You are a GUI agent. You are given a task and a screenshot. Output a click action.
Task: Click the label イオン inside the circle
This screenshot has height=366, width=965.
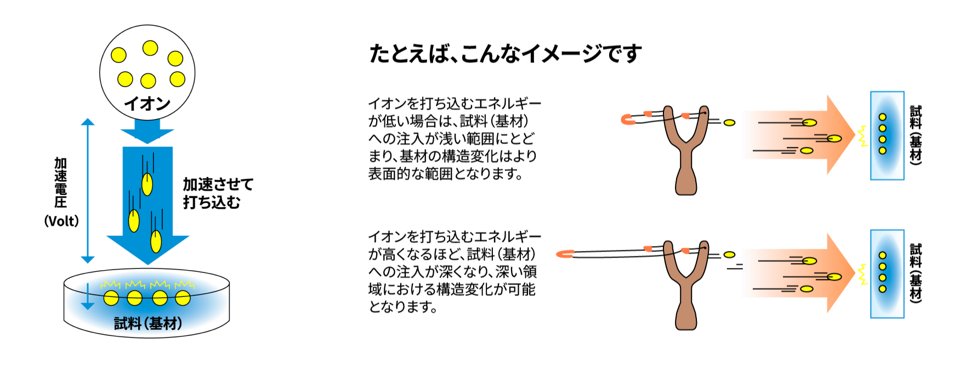click(147, 104)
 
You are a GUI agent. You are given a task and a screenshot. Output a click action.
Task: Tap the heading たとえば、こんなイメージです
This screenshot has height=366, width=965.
click(505, 54)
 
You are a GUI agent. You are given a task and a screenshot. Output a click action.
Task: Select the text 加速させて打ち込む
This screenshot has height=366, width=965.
click(218, 193)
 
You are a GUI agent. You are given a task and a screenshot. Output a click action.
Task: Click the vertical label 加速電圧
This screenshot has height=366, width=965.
click(61, 182)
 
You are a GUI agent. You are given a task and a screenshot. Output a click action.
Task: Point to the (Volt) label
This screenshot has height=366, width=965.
click(61, 221)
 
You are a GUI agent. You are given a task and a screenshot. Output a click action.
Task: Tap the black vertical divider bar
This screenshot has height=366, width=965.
click(309, 183)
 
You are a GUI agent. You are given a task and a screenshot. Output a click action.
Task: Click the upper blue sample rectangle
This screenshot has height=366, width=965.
click(887, 135)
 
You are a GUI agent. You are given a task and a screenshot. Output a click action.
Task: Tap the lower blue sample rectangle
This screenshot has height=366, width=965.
click(887, 273)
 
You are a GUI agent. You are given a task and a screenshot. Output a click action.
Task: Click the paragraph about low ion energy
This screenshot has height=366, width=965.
click(453, 139)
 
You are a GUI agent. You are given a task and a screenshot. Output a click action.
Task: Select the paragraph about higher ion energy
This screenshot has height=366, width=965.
click(454, 272)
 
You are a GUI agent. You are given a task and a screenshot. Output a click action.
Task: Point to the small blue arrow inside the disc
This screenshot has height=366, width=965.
click(88, 299)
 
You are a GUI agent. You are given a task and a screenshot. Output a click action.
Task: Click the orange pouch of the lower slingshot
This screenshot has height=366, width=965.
click(565, 254)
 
